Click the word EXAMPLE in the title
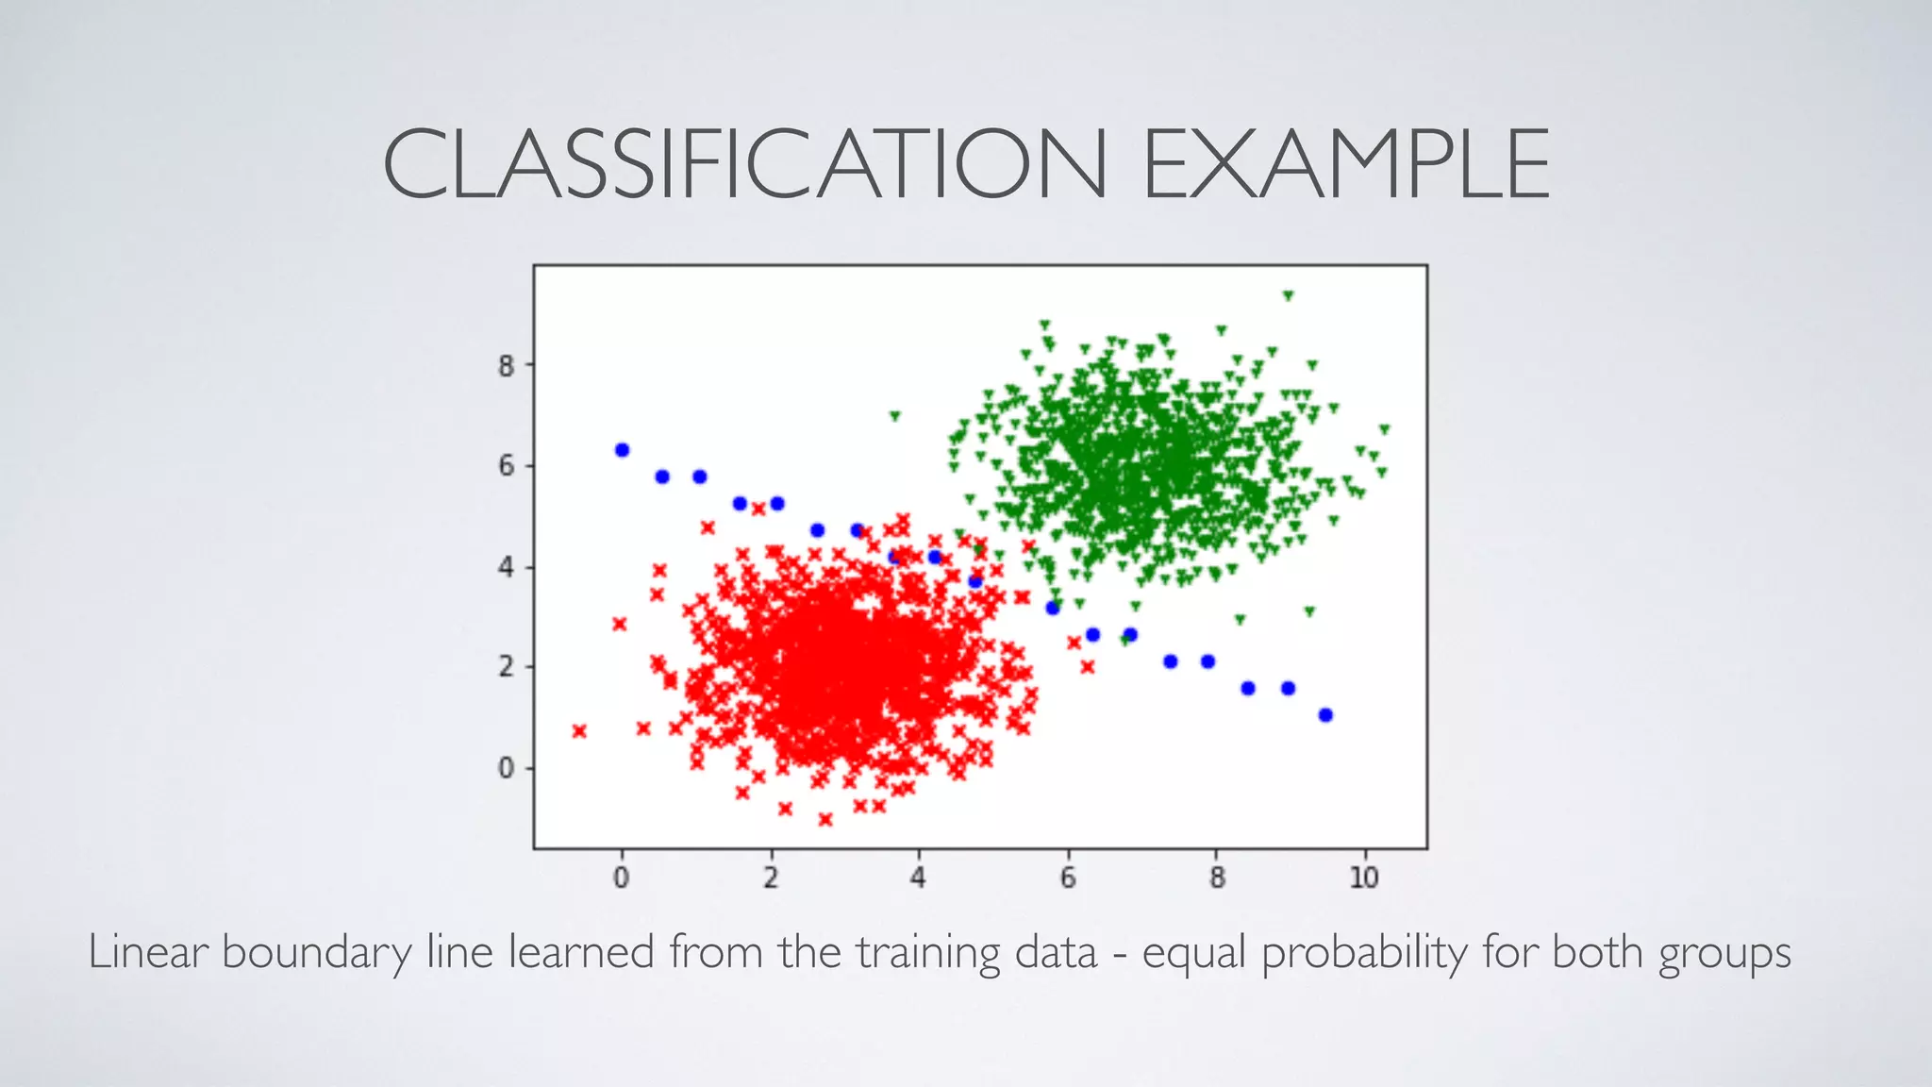1346,165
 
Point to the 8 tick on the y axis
507,365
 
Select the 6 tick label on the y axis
507,466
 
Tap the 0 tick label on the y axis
507,768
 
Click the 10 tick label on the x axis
1363,878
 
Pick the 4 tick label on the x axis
918,878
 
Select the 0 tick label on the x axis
621,878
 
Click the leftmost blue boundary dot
622,450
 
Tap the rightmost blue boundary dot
1325,715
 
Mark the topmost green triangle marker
1288,295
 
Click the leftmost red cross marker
579,731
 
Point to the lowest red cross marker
825,819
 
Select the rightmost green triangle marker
1384,429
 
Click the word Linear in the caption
148,951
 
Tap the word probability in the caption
1364,953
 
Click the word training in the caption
928,953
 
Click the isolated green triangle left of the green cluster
895,415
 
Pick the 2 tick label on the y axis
507,667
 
